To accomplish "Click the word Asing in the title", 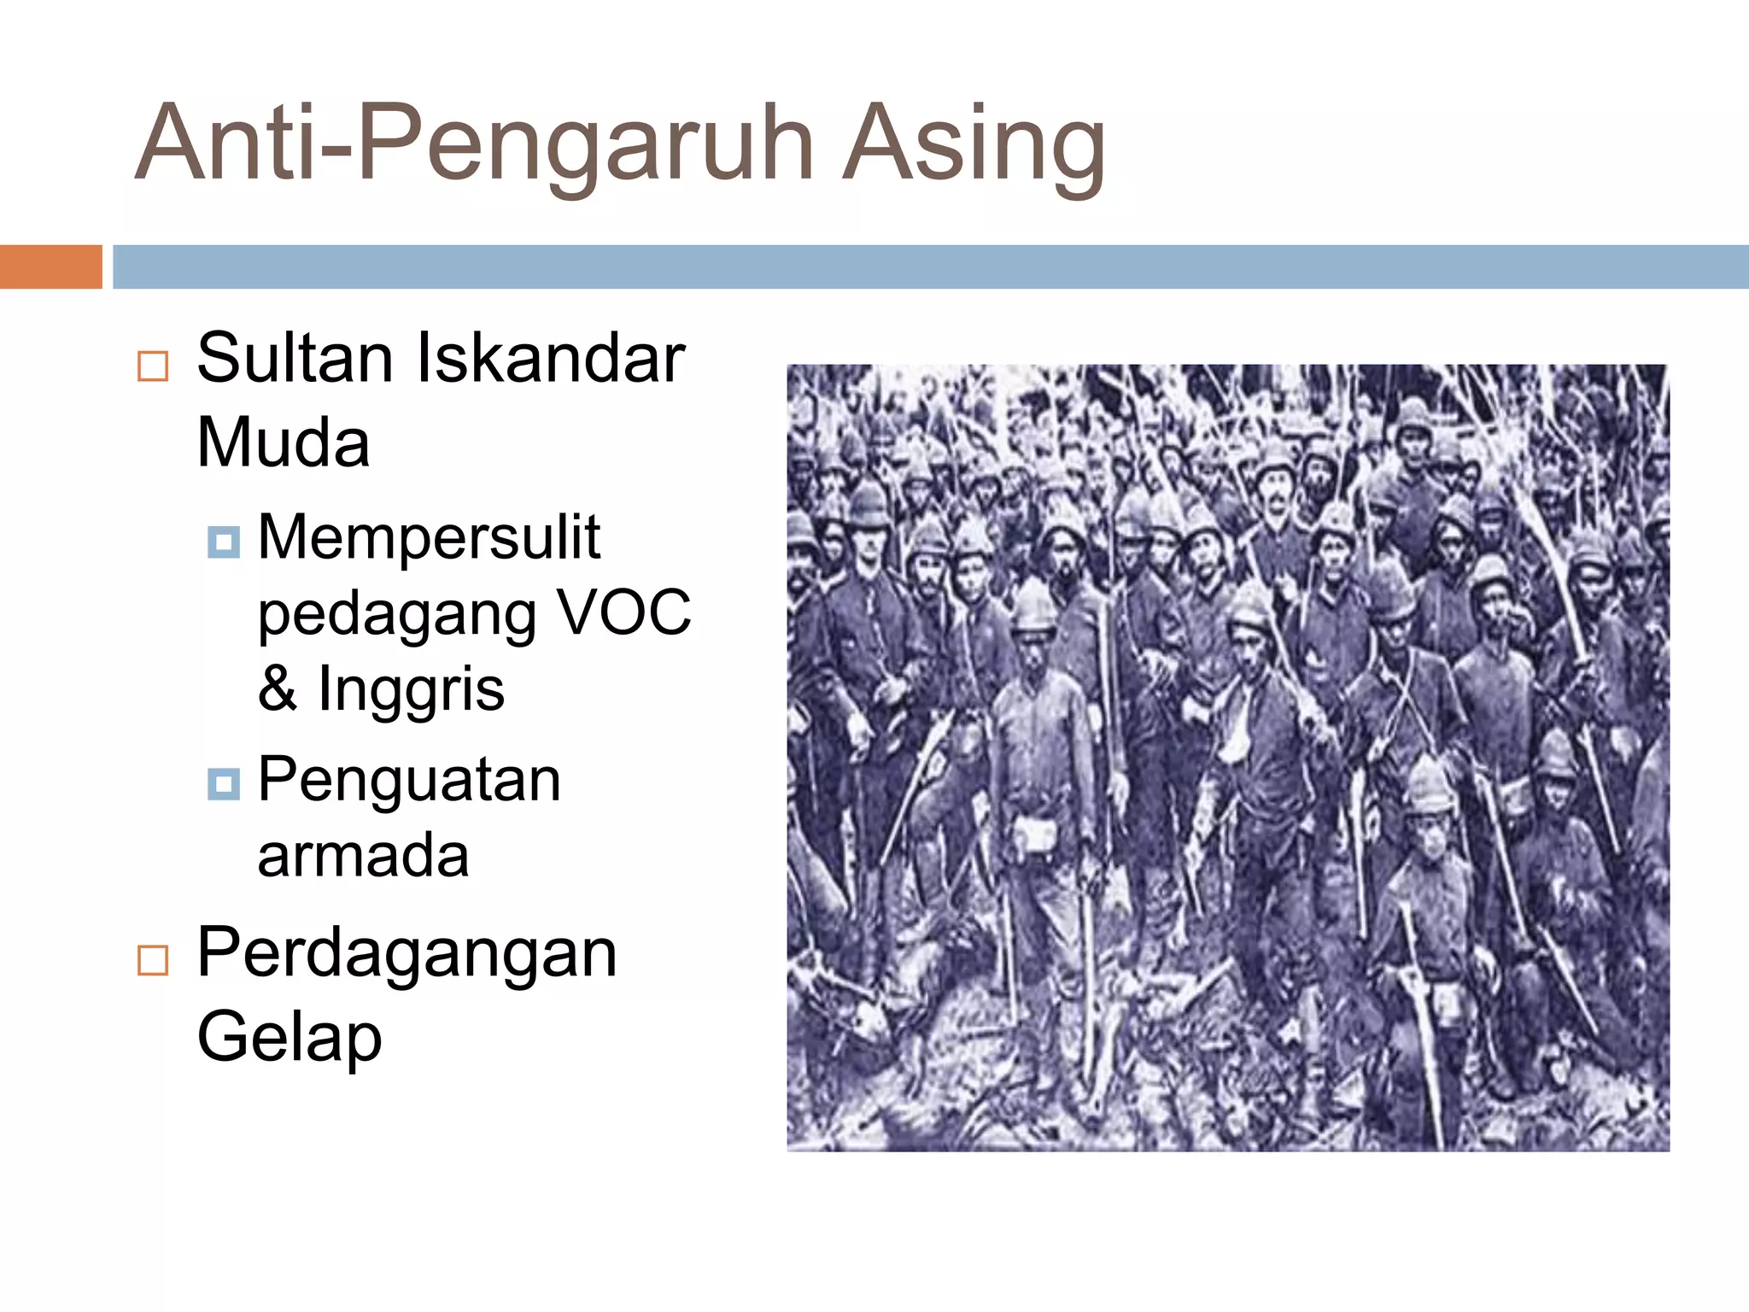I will (x=974, y=143).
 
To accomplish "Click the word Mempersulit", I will (x=429, y=537).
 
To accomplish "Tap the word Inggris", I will (x=411, y=688).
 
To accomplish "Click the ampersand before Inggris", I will (x=277, y=688).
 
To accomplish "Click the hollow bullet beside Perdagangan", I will (x=153, y=960).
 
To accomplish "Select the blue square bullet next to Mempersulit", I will (x=224, y=542).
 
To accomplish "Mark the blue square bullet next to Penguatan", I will (x=224, y=783).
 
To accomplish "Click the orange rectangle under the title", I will (x=50, y=266).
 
